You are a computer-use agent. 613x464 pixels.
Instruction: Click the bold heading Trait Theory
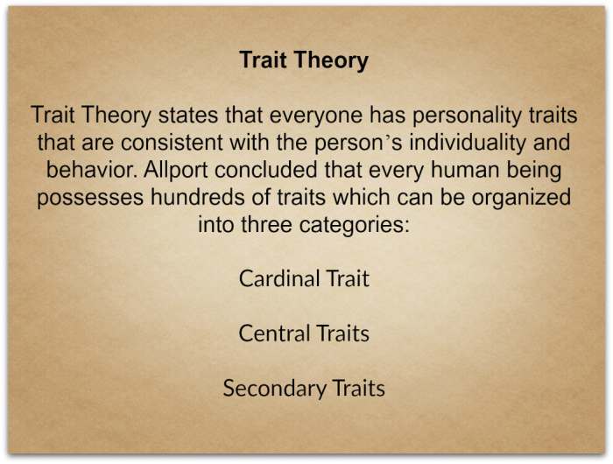point(304,60)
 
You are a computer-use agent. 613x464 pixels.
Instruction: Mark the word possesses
point(88,195)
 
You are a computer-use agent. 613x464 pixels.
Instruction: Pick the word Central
point(274,333)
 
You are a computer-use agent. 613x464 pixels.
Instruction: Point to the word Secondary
point(272,387)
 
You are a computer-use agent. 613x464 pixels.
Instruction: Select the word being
point(537,168)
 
